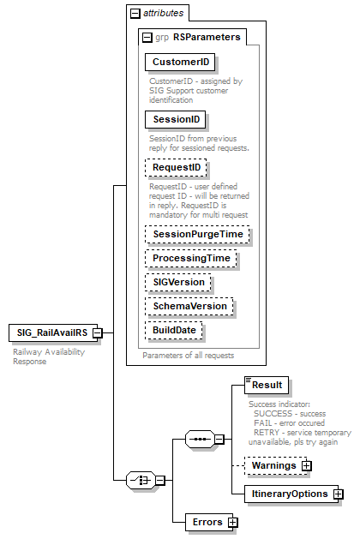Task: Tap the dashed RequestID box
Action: point(177,167)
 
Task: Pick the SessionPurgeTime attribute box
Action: point(196,233)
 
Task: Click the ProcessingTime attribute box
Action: point(190,257)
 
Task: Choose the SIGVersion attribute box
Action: point(177,281)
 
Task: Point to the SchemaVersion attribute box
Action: point(189,305)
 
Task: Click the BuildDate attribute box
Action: point(174,329)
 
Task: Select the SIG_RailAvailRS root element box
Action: point(51,332)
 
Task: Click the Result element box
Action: point(265,385)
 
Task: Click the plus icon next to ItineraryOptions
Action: point(339,494)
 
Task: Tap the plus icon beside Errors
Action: point(232,521)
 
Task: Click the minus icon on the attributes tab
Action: point(135,14)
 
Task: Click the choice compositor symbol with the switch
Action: point(140,480)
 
